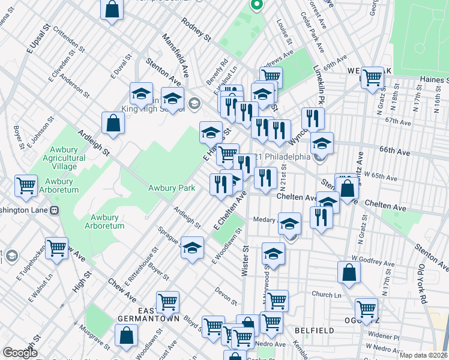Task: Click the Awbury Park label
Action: click(172, 188)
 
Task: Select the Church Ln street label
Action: click(326, 295)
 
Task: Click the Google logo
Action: click(20, 353)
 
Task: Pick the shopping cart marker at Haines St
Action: click(373, 77)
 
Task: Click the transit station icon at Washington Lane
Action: click(54, 211)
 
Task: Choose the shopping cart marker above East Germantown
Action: click(167, 301)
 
